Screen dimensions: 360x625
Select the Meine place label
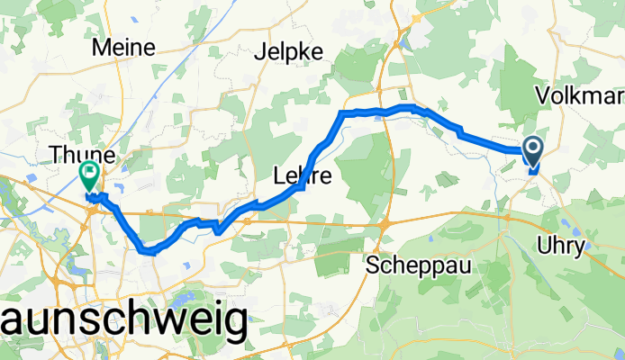(x=130, y=47)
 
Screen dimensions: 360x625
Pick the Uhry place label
(x=585, y=246)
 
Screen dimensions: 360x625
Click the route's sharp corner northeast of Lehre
(x=341, y=113)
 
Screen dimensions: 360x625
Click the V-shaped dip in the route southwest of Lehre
(x=218, y=230)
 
